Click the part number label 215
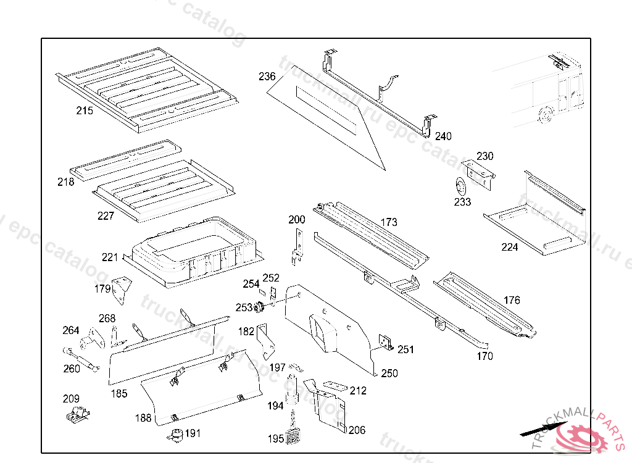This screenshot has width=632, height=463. pyautogui.click(x=85, y=111)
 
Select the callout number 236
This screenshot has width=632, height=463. pyautogui.click(x=267, y=77)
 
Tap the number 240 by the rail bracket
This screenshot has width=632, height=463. pyautogui.click(x=443, y=136)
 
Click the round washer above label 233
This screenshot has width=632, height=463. pyautogui.click(x=460, y=185)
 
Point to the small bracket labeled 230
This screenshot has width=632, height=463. pyautogui.click(x=480, y=170)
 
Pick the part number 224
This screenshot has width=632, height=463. pyautogui.click(x=510, y=248)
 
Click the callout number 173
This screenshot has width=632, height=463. pyautogui.click(x=389, y=222)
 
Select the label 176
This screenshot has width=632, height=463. pyautogui.click(x=512, y=301)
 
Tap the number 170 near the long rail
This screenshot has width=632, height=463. pyautogui.click(x=484, y=356)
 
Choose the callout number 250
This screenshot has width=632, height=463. pyautogui.click(x=389, y=373)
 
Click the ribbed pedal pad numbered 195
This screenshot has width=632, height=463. pyautogui.click(x=294, y=436)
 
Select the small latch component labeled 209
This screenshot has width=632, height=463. pyautogui.click(x=77, y=415)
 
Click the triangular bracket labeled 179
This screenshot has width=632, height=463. pyautogui.click(x=122, y=289)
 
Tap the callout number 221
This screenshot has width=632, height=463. pyautogui.click(x=110, y=257)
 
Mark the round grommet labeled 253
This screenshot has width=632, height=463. pyautogui.click(x=260, y=307)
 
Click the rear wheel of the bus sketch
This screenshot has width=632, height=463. pyautogui.click(x=544, y=115)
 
